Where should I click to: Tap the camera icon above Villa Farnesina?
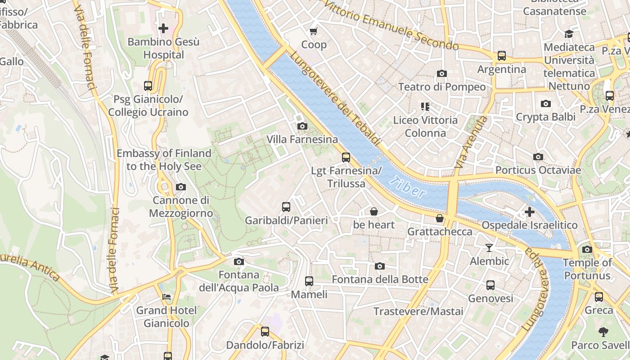302,126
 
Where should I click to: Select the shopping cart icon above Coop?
314,31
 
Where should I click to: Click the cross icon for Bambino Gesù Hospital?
163,29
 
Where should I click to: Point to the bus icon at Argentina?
501,56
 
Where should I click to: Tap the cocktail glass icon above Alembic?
489,247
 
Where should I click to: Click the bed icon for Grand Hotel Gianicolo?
166,297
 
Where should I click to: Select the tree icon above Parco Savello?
603,332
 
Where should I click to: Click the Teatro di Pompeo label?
442,87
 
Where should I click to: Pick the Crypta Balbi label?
545,117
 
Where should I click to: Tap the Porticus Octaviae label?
538,170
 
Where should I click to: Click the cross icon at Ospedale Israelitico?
530,211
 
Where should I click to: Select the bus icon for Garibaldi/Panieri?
286,207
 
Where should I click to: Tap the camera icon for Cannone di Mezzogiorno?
180,187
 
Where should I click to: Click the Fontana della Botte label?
380,279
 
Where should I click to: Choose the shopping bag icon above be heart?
373,211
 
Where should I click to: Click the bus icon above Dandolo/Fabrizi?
265,332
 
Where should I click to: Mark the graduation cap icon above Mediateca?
569,34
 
